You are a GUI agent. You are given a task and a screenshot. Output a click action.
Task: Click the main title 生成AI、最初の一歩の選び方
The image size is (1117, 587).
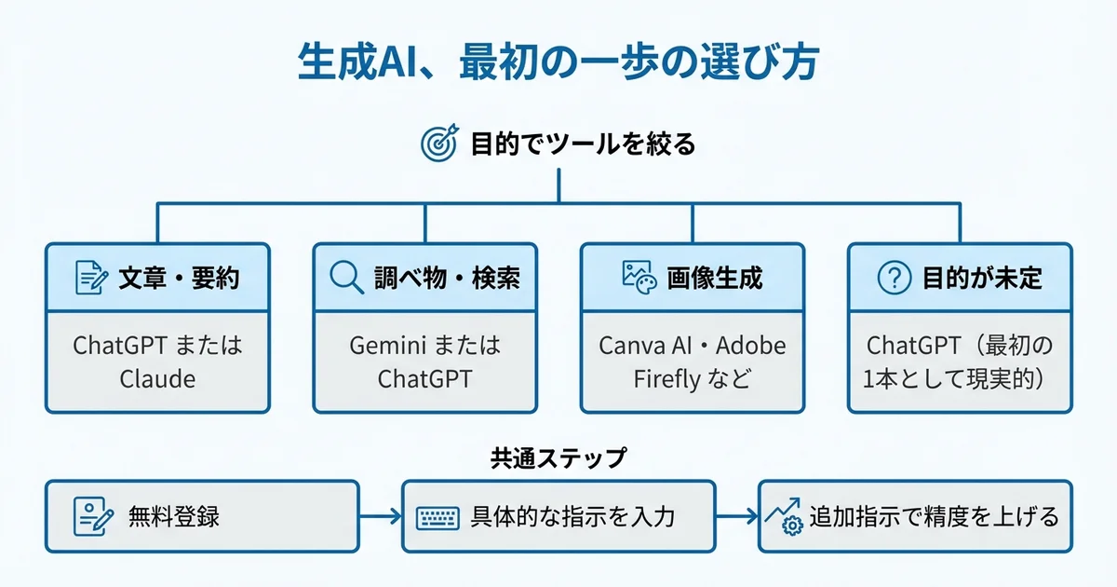(x=558, y=63)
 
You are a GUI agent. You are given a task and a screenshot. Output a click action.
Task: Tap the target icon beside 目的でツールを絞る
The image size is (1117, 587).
(x=438, y=144)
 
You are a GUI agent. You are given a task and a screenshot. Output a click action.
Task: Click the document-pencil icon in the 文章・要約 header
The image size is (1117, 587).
(x=91, y=277)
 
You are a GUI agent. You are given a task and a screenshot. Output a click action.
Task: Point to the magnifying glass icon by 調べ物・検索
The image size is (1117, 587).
(x=346, y=277)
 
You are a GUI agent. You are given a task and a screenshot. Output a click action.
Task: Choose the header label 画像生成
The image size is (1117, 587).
(x=714, y=278)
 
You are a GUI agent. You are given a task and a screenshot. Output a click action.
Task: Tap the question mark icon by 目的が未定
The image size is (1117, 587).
(x=894, y=277)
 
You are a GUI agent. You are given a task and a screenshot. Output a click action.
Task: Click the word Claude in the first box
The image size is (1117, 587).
(x=157, y=379)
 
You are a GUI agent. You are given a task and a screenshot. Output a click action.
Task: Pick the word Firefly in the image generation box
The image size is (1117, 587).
(x=666, y=379)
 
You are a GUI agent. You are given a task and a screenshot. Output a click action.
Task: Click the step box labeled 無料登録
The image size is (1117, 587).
(x=201, y=516)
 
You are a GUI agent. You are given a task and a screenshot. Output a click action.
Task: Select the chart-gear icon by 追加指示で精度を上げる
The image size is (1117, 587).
(x=783, y=517)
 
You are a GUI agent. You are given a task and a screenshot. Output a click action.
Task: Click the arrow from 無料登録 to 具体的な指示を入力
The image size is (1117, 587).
(x=380, y=516)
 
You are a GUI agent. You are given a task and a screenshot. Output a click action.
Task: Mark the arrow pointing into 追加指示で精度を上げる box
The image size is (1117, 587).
(x=736, y=516)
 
